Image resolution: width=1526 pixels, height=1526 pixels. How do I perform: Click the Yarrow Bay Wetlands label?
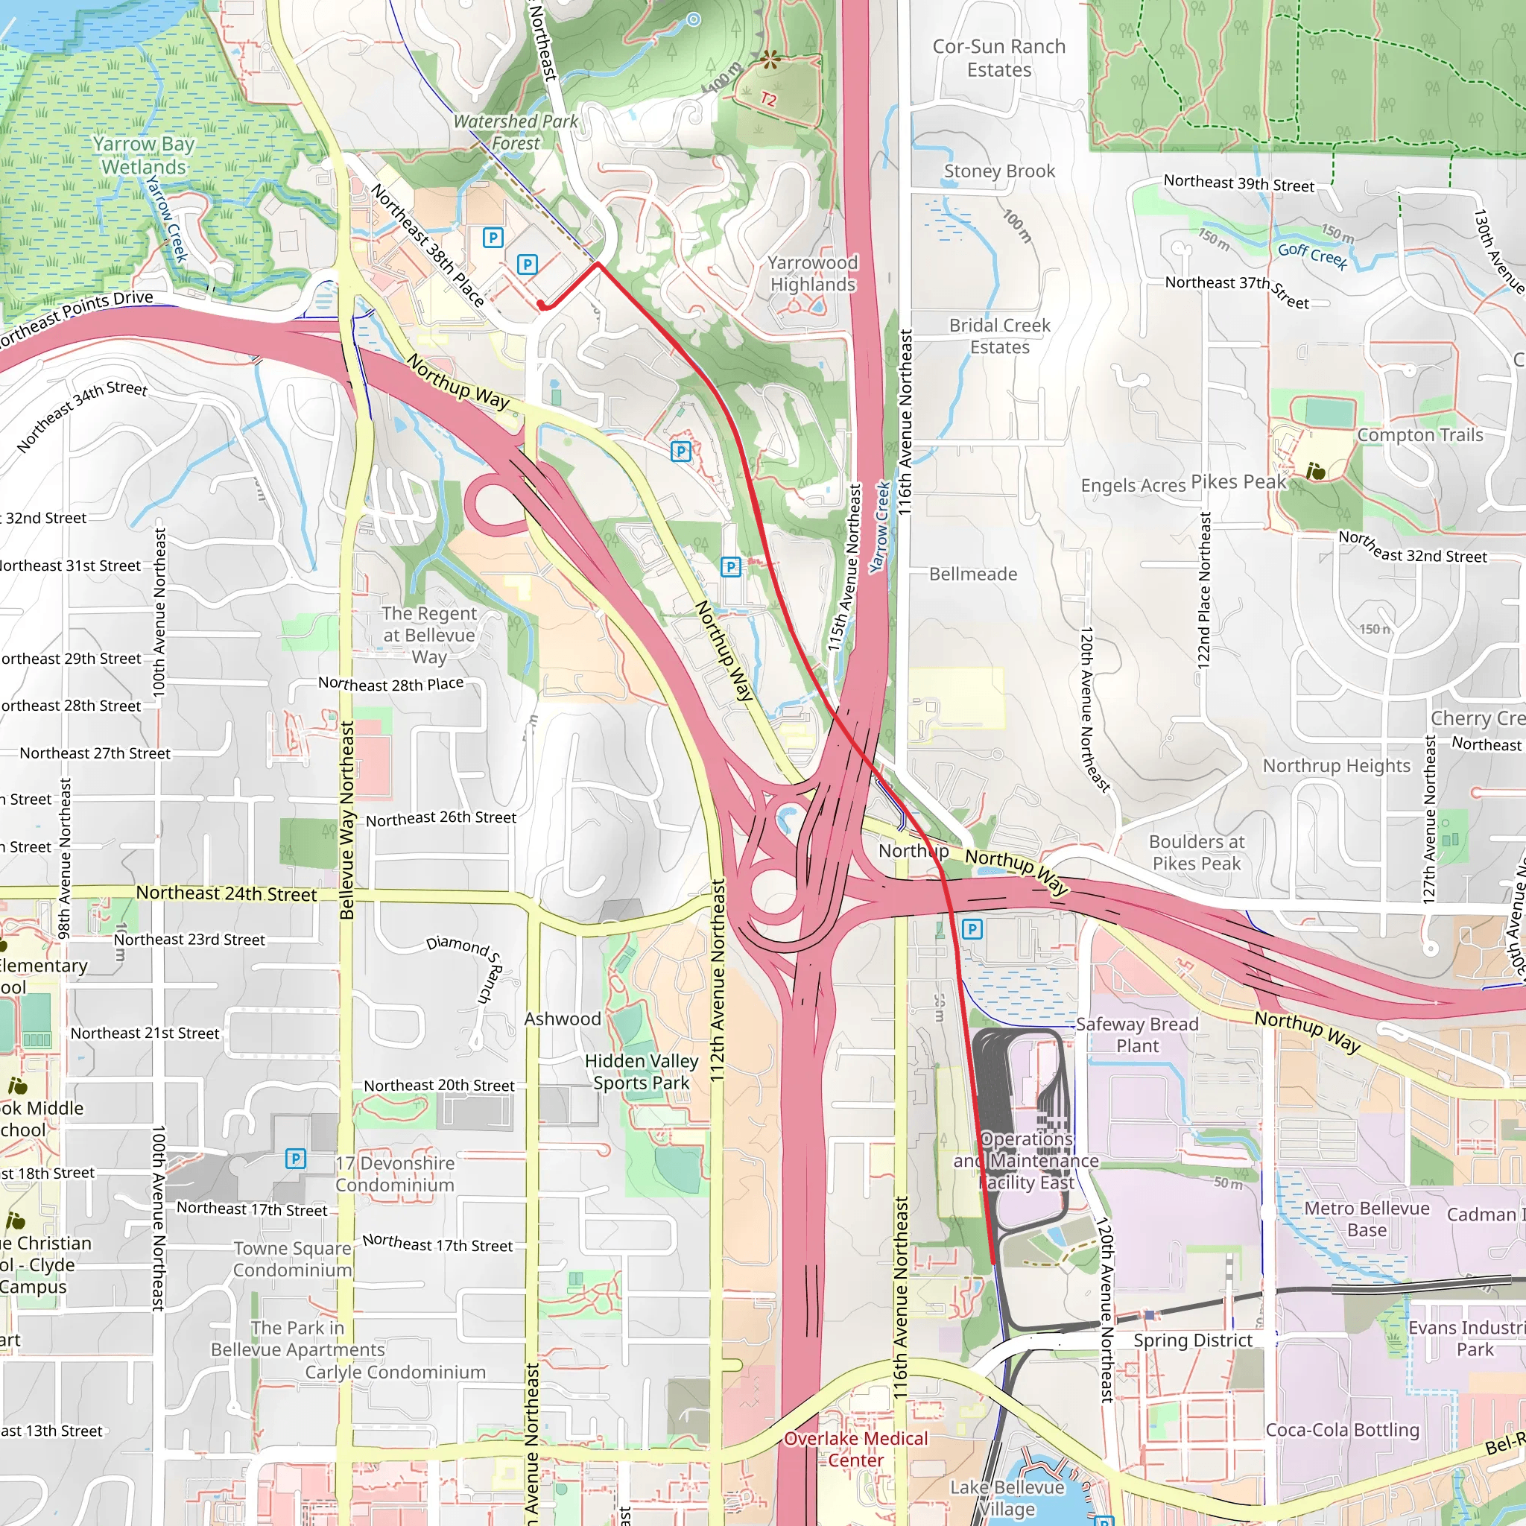pos(144,156)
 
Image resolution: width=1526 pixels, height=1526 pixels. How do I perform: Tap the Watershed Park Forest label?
pos(516,132)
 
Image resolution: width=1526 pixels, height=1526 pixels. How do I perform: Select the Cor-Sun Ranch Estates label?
pos(999,58)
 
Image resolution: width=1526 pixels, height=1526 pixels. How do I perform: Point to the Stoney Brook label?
pos(999,171)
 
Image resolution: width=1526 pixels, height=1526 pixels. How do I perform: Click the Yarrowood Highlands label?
pos(813,273)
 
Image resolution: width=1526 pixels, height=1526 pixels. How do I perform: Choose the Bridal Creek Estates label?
pos(999,337)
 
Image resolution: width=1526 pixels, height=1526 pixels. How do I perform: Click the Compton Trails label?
pos(1419,435)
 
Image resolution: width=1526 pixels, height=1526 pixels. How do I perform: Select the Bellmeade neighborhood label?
pos(972,574)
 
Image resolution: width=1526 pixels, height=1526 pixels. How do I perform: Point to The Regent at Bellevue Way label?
pos(429,635)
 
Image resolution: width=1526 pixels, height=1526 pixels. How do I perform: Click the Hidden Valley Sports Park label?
pos(642,1071)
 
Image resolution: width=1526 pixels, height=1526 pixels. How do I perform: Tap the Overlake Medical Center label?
pos(855,1449)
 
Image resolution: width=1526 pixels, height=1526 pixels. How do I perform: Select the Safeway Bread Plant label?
pos(1136,1035)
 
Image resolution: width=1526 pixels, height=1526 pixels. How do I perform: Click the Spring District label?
pos(1193,1340)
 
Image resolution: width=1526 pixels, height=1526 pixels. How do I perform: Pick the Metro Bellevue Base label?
pos(1367,1220)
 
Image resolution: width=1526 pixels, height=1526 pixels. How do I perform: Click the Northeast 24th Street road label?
pos(226,893)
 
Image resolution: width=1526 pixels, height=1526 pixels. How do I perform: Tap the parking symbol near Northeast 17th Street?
pos(295,1159)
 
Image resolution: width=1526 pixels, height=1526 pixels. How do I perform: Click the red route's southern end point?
pos(992,1263)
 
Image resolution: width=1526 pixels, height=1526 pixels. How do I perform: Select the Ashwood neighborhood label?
pos(563,1019)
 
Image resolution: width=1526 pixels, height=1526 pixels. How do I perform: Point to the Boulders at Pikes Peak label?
pos(1196,852)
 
